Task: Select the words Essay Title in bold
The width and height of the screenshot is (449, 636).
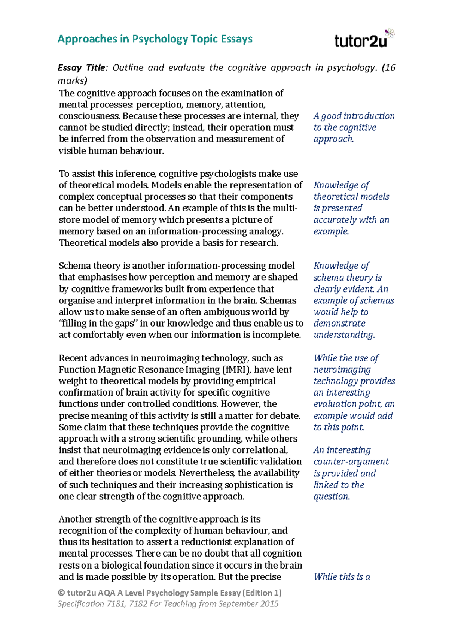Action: pos(82,68)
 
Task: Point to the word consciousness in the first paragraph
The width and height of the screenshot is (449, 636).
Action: pos(89,116)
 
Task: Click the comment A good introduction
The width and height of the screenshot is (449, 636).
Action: pos(354,116)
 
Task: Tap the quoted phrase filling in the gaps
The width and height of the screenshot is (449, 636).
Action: pos(98,324)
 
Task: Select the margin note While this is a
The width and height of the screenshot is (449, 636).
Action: pos(342,577)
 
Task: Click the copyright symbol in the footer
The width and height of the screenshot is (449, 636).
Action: pos(61,593)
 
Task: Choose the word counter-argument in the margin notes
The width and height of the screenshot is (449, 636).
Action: pos(351,462)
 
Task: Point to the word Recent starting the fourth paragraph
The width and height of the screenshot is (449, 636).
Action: pos(73,358)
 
